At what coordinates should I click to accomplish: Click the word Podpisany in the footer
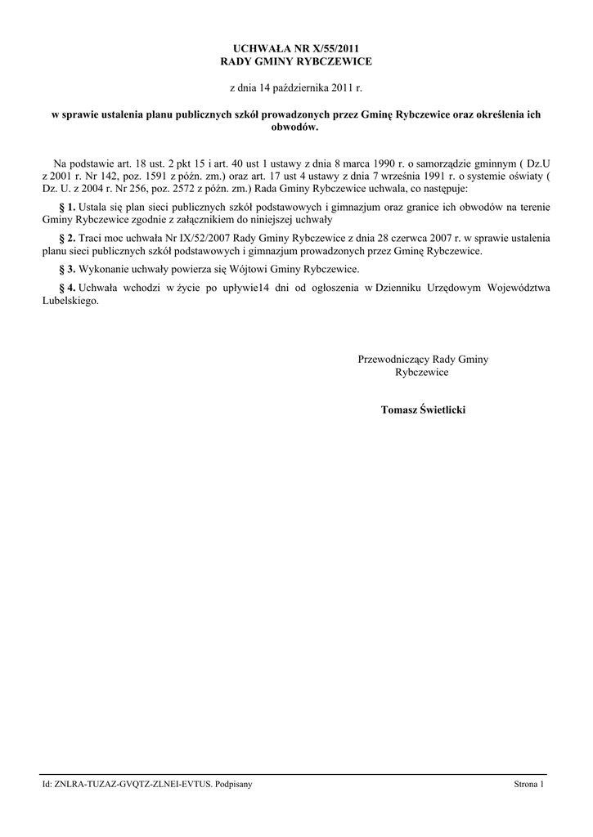[234, 785]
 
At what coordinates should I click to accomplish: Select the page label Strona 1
[528, 785]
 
